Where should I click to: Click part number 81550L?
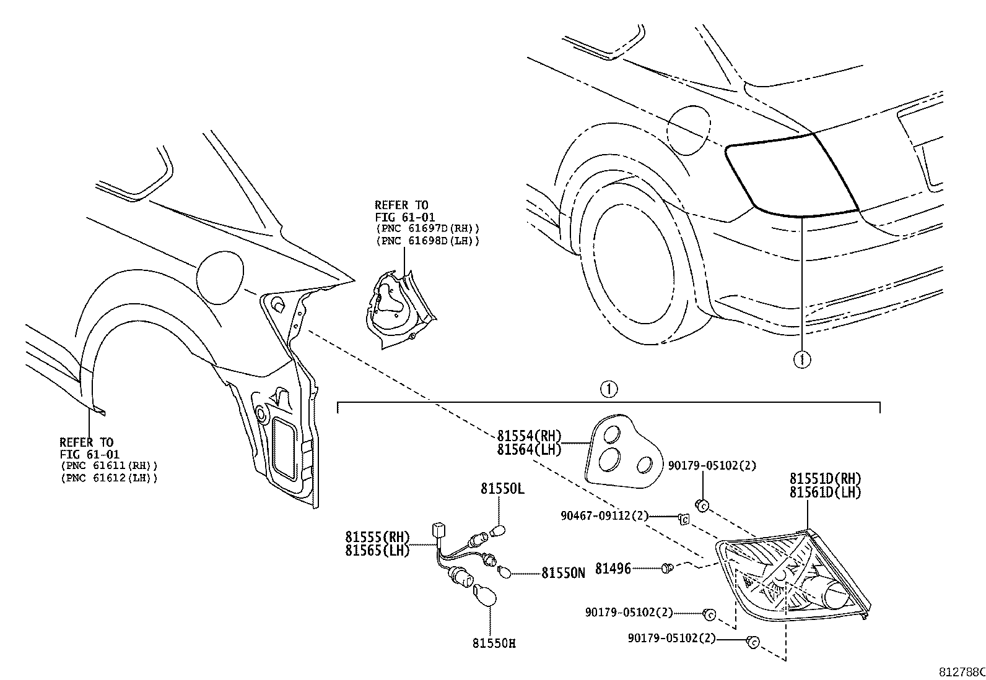coord(502,489)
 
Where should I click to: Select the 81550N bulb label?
coord(563,573)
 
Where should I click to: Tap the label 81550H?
coord(493,643)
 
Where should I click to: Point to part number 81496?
coord(613,568)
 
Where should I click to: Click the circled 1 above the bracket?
coord(609,389)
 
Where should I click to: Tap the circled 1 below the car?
coord(801,359)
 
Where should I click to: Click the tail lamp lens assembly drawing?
coord(793,579)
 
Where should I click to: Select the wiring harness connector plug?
coord(437,530)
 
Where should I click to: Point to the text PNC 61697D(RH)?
coord(427,228)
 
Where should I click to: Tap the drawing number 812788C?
coord(960,672)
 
